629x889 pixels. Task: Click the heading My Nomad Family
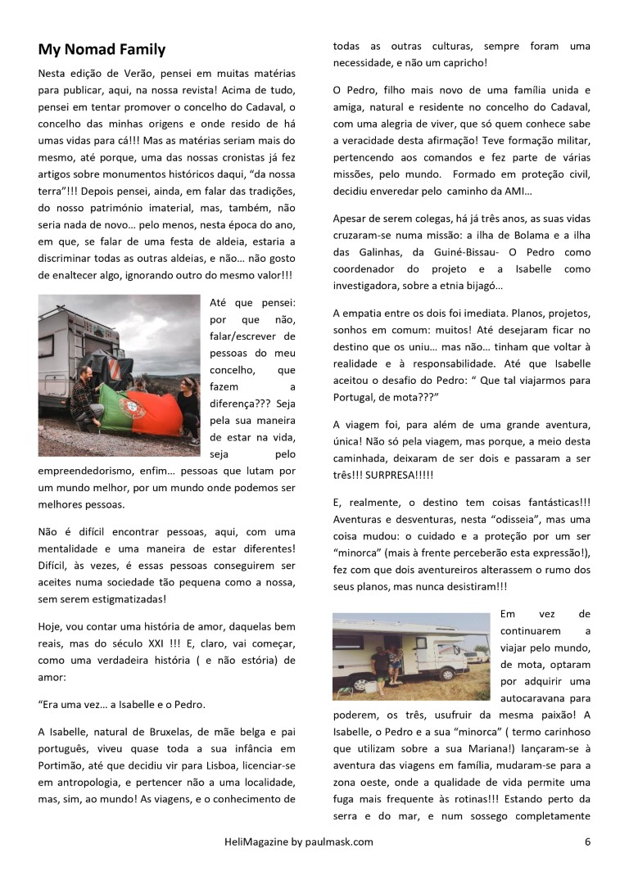102,50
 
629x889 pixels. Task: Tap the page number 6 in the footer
587,841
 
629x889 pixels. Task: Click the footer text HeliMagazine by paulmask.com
299,841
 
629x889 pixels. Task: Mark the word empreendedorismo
87,472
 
